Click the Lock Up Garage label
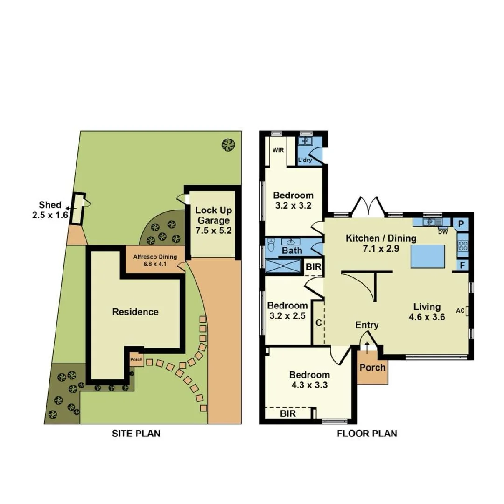pyautogui.click(x=213, y=220)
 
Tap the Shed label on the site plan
pyautogui.click(x=50, y=210)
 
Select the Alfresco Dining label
pyautogui.click(x=155, y=260)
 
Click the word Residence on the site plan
pyautogui.click(x=135, y=312)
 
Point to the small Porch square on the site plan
pyautogui.click(x=137, y=359)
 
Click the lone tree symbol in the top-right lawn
pyautogui.click(x=228, y=145)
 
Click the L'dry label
pyautogui.click(x=305, y=160)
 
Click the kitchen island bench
pyautogui.click(x=427, y=257)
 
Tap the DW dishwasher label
pyautogui.click(x=442, y=231)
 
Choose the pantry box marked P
pyautogui.click(x=461, y=224)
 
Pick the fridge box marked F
pyautogui.click(x=462, y=266)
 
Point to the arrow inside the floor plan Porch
pyautogui.click(x=367, y=348)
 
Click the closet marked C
pyautogui.click(x=318, y=322)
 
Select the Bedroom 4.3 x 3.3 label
pyautogui.click(x=309, y=380)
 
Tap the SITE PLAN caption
pyautogui.click(x=136, y=434)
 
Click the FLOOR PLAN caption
pyautogui.click(x=367, y=434)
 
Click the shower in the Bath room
pyautogui.click(x=283, y=266)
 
